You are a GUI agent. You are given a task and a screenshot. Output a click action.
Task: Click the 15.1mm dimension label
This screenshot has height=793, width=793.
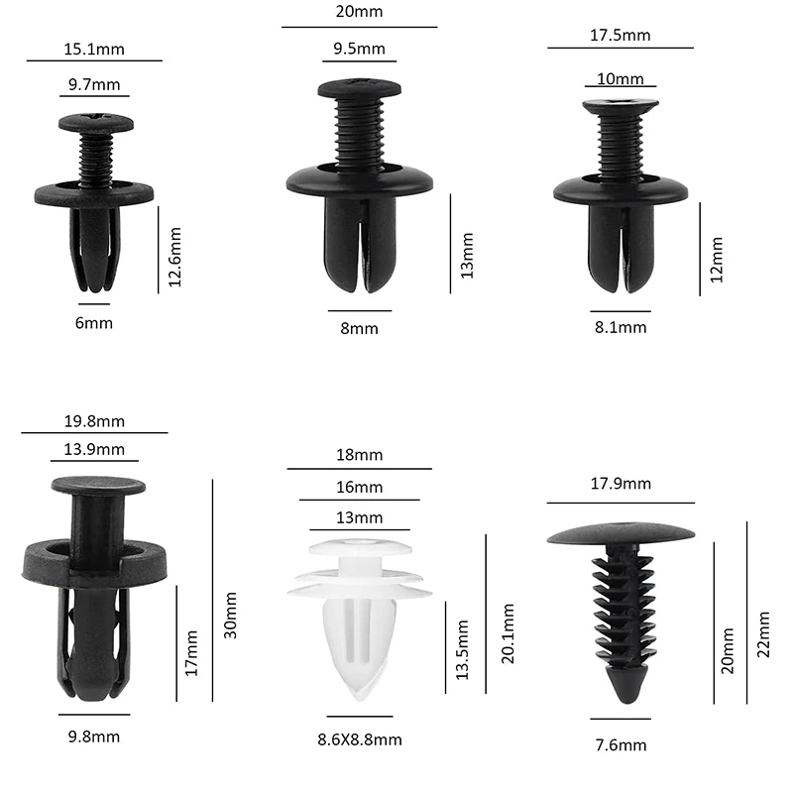94,49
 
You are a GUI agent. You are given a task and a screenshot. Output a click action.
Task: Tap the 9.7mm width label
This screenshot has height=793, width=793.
94,84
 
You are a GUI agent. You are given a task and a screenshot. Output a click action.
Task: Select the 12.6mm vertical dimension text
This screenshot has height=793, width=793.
174,257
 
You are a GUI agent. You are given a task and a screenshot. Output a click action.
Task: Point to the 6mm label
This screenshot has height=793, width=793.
94,323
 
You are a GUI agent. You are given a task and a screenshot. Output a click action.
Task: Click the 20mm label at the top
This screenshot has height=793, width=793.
359,11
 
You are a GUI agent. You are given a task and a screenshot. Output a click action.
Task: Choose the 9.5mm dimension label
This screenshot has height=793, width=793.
359,49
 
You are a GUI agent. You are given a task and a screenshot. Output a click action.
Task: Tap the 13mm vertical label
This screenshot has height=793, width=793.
467,256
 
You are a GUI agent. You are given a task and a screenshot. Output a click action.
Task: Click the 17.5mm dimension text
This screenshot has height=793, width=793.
621,35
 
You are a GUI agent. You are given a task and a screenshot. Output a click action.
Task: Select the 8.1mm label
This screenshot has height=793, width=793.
621,327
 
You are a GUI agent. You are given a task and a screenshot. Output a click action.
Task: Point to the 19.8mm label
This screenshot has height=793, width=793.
94,420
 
